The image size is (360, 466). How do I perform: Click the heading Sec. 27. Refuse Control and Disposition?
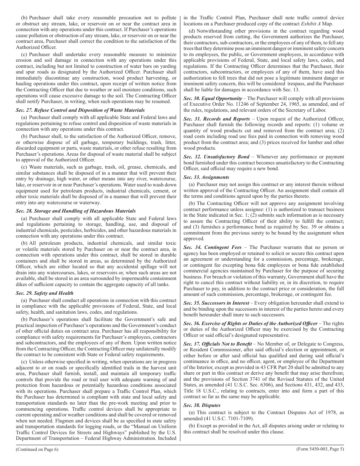point(80,110)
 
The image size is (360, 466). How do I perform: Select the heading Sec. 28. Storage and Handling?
point(76,211)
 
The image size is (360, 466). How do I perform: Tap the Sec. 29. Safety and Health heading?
point(45,293)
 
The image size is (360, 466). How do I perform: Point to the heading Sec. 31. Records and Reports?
point(216,119)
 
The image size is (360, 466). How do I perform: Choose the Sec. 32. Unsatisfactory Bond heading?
point(217,156)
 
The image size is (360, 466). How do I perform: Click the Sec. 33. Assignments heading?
point(206,177)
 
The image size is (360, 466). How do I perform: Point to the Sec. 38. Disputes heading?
point(202,405)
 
